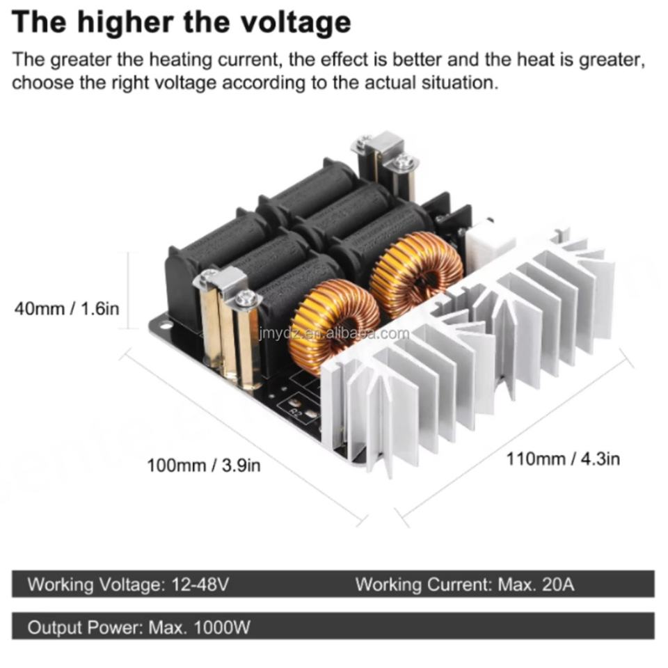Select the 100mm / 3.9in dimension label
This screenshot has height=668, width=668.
pyautogui.click(x=203, y=464)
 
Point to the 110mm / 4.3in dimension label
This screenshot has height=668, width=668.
pyautogui.click(x=563, y=459)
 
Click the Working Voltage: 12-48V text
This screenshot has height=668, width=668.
pyautogui.click(x=128, y=584)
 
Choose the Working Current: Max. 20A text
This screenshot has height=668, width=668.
pyautogui.click(x=465, y=584)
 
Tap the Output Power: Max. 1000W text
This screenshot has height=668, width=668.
pyautogui.click(x=138, y=627)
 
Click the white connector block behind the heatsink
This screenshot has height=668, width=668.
pyautogui.click(x=489, y=241)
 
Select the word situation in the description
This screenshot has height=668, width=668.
pyautogui.click(x=461, y=83)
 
